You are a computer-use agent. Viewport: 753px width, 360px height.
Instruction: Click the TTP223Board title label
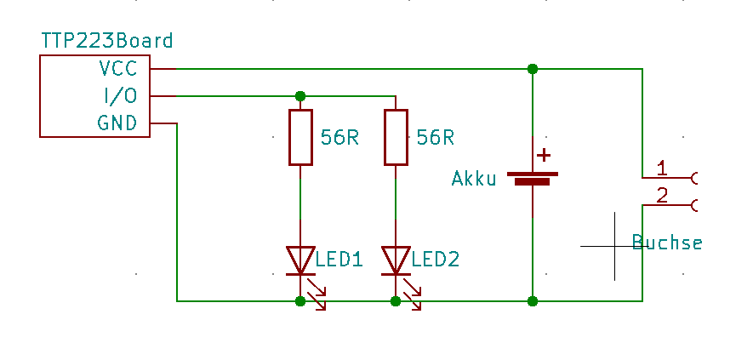pyautogui.click(x=106, y=41)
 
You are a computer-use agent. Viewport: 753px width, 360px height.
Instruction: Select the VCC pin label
pyautogui.click(x=117, y=68)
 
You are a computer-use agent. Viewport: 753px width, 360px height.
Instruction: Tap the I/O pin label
pyautogui.click(x=121, y=95)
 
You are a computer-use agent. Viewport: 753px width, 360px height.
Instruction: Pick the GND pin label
pyautogui.click(x=117, y=123)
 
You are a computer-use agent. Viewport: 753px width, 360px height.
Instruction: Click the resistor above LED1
pyautogui.click(x=300, y=138)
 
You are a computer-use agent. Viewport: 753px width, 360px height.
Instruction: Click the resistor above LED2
pyautogui.click(x=396, y=138)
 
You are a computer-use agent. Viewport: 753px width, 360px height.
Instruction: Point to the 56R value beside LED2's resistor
pyautogui.click(x=435, y=138)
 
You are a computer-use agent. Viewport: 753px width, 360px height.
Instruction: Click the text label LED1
pyautogui.click(x=339, y=260)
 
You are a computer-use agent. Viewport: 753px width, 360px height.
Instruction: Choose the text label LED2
pyautogui.click(x=436, y=260)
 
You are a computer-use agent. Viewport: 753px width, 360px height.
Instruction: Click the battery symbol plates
pyautogui.click(x=533, y=179)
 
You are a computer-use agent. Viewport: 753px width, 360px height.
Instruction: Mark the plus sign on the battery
pyautogui.click(x=544, y=156)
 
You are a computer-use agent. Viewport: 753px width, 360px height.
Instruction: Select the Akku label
pyautogui.click(x=474, y=179)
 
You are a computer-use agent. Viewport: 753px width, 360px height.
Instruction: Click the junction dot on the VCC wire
pyautogui.click(x=533, y=69)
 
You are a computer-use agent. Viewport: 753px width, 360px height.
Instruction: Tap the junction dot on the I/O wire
pyautogui.click(x=300, y=96)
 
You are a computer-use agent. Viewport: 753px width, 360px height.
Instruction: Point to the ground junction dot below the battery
pyautogui.click(x=533, y=301)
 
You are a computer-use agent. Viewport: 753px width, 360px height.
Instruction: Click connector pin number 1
pyautogui.click(x=662, y=169)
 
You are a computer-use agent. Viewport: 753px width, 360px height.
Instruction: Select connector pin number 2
pyautogui.click(x=662, y=196)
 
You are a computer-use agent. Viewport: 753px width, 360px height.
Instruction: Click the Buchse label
pyautogui.click(x=667, y=242)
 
